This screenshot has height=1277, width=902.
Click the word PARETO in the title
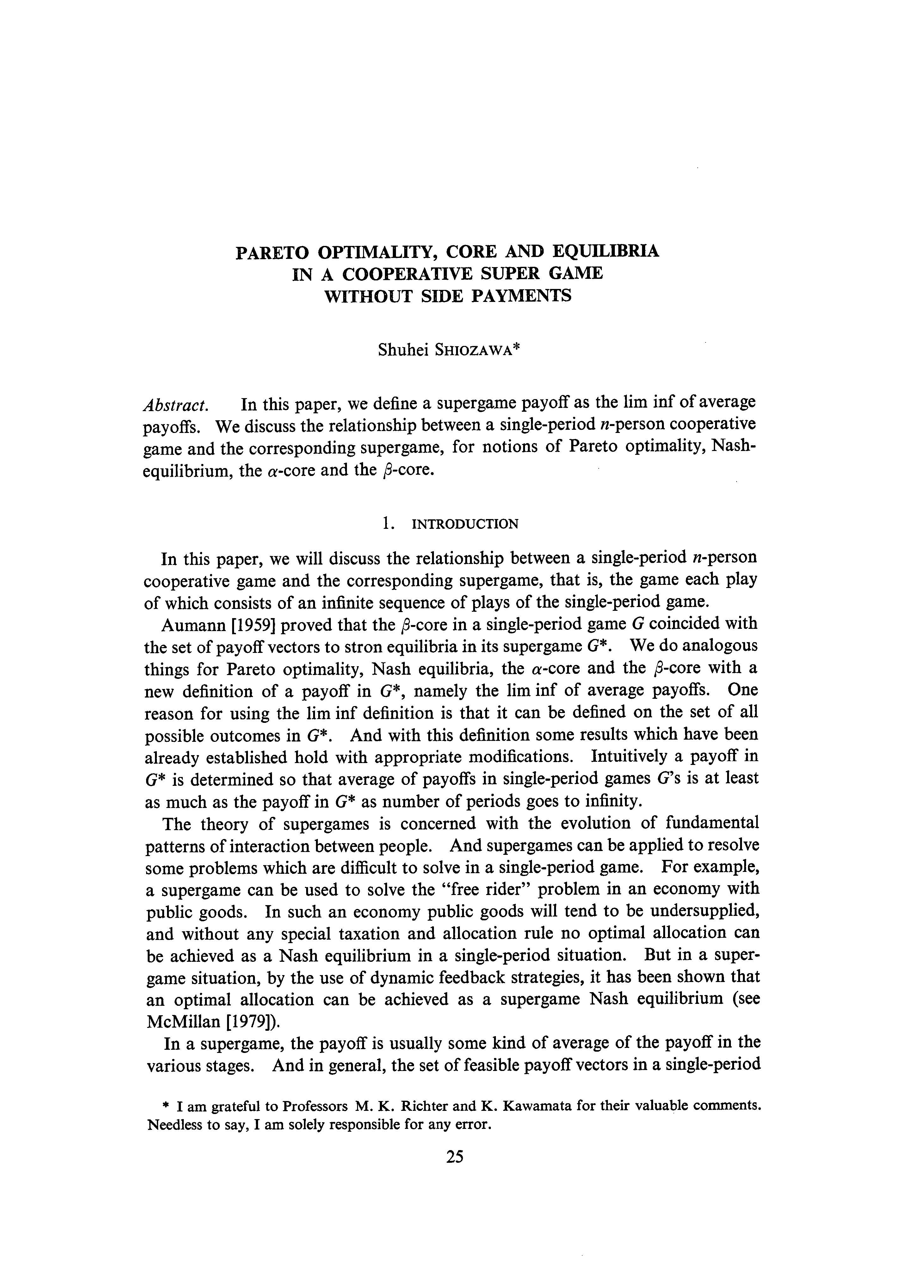(x=271, y=252)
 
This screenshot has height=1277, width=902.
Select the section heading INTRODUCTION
(x=465, y=524)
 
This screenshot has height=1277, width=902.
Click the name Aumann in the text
(x=191, y=625)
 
